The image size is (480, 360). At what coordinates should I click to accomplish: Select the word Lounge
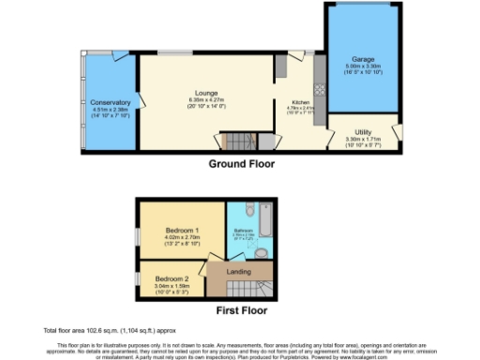(x=206, y=94)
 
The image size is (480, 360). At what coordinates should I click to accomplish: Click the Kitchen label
(x=301, y=102)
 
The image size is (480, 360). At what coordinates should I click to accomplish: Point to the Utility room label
(x=364, y=132)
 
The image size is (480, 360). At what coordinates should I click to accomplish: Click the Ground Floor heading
(x=241, y=162)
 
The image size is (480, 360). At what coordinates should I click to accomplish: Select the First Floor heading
(x=241, y=309)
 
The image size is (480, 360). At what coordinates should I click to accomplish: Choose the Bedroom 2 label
(x=172, y=278)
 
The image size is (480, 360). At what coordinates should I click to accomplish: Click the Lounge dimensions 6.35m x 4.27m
(x=206, y=100)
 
